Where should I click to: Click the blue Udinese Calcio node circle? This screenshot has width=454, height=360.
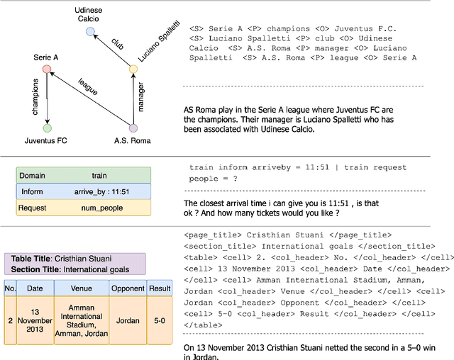(x=89, y=32)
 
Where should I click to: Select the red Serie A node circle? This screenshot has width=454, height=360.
(x=47, y=69)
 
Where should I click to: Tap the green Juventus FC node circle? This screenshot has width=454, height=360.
(x=47, y=128)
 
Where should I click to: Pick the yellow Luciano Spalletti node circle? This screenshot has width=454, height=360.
(x=133, y=69)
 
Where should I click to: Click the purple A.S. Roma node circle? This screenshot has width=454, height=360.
(x=133, y=128)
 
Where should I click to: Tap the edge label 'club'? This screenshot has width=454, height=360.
(x=116, y=44)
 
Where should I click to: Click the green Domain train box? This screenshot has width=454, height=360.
(x=84, y=175)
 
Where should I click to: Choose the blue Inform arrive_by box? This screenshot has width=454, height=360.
(x=84, y=191)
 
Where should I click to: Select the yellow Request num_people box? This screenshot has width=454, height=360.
(x=84, y=208)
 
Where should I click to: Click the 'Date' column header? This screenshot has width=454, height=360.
(x=34, y=288)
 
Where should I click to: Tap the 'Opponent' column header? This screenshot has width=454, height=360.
(x=127, y=288)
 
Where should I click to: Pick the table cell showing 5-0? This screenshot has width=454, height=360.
(x=158, y=320)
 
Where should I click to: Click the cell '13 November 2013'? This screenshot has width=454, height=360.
(x=34, y=320)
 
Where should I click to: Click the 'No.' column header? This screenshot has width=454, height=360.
(x=10, y=288)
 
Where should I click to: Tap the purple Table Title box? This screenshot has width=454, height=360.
(x=74, y=264)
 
